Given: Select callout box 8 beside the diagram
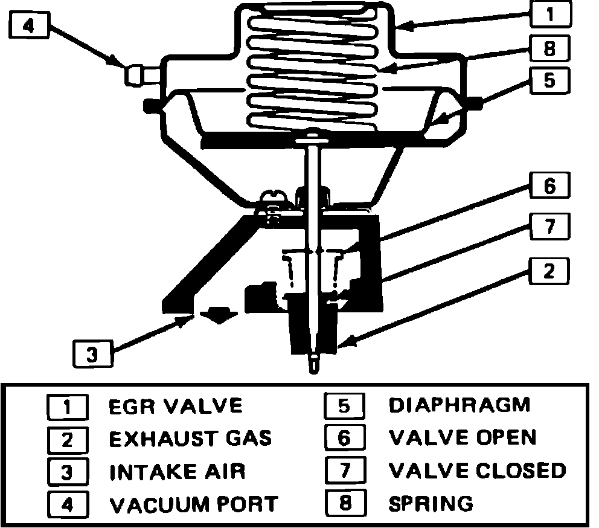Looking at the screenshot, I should coord(548,48).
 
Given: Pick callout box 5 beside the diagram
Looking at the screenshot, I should coord(548,80).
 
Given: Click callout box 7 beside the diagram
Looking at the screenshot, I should coord(549,227).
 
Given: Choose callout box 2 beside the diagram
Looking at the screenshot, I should coord(548,271).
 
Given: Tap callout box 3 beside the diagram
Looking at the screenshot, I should coord(92,353).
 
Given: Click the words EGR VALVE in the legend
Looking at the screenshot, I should coord(175,405).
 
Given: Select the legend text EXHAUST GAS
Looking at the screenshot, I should coord(190,438).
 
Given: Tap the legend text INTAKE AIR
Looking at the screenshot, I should coord(178,471).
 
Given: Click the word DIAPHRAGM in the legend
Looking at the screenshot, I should coord(460,405).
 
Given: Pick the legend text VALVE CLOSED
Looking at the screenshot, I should coord(478,470).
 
